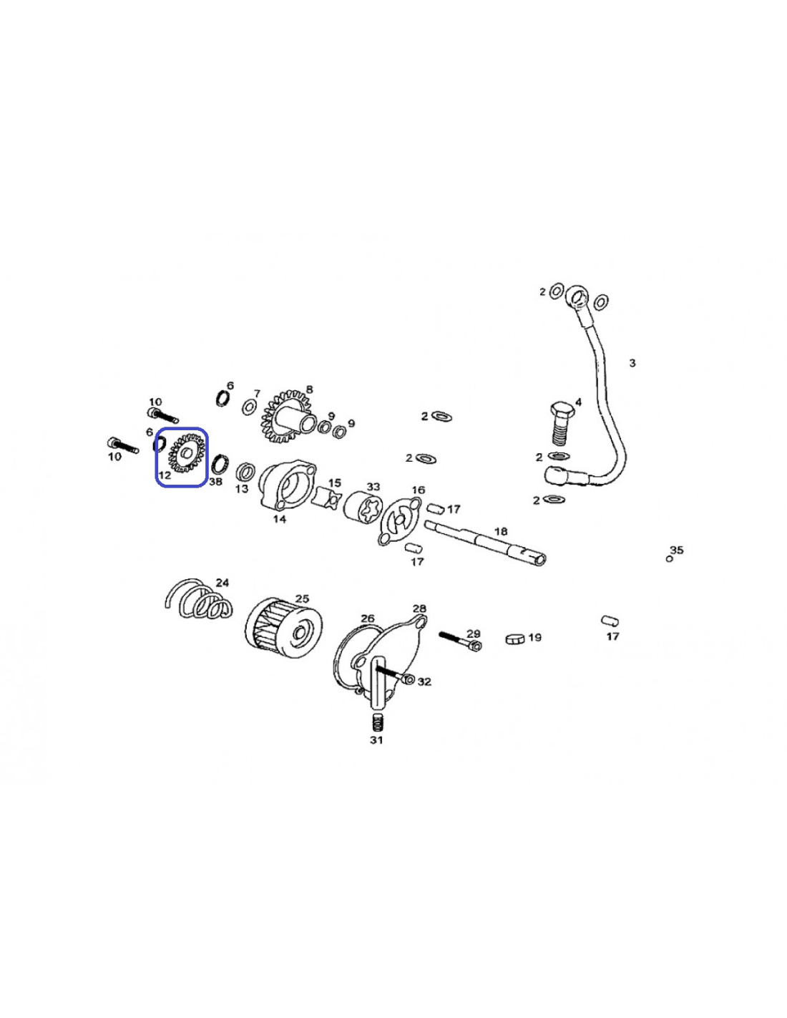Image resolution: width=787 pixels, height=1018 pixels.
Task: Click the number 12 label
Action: click(165, 475)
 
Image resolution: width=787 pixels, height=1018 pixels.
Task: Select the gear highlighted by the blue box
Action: click(187, 452)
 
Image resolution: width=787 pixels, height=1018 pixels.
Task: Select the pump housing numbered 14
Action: click(285, 484)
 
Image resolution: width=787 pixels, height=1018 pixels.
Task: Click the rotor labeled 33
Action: click(363, 506)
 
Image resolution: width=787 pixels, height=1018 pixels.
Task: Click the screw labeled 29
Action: click(460, 641)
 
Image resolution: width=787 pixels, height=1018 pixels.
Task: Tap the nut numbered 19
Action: click(515, 639)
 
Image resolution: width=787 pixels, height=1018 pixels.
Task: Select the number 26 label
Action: click(368, 619)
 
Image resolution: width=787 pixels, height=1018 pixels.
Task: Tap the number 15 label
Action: click(335, 483)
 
